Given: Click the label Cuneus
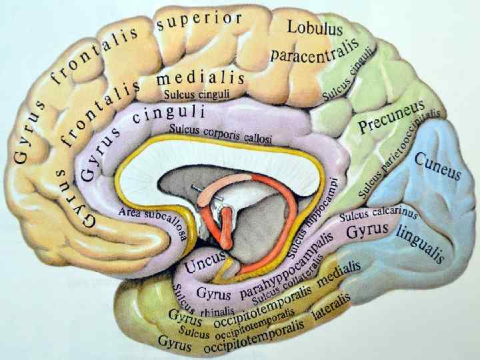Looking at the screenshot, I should coord(437,165).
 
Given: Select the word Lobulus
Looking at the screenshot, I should coord(315,28).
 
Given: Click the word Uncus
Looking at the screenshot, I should coord(205,262).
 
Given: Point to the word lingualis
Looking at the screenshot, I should coord(420,243).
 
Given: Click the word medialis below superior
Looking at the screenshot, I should coord(200,78).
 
